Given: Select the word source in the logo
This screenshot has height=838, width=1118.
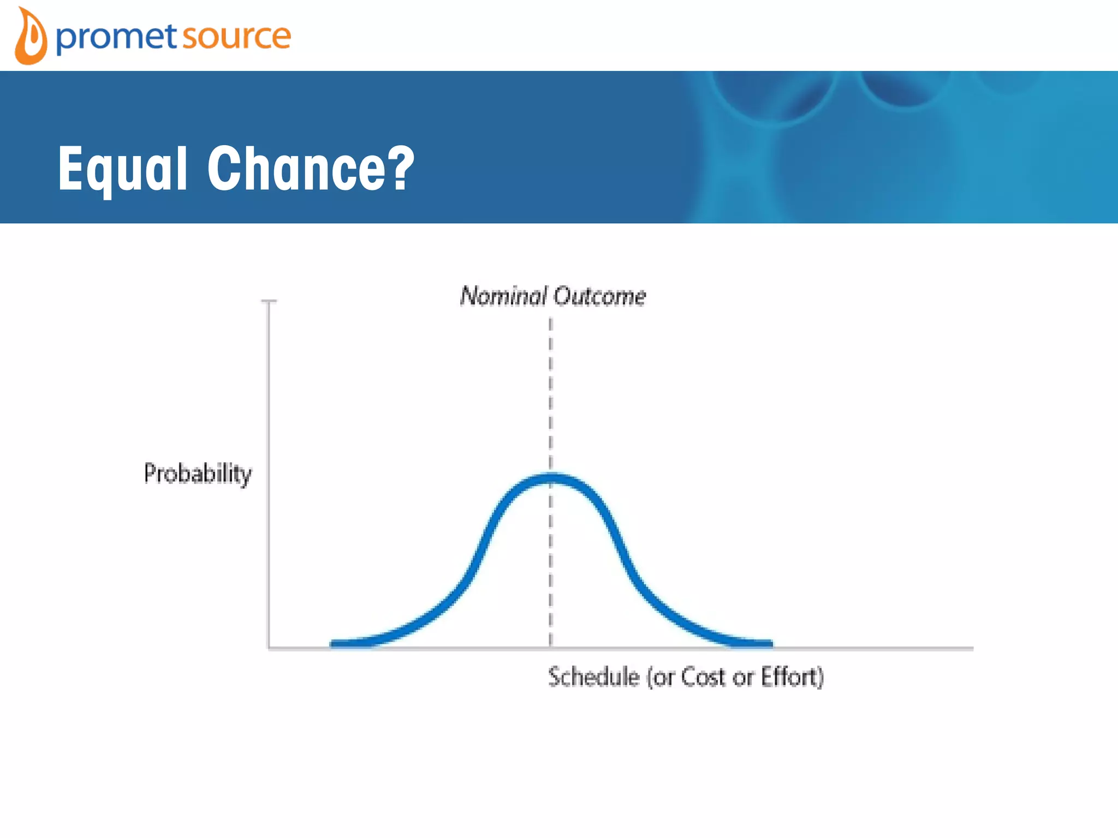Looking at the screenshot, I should (x=236, y=37).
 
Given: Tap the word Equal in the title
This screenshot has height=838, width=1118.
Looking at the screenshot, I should (x=123, y=169).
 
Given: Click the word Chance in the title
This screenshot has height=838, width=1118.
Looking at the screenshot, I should (x=297, y=169).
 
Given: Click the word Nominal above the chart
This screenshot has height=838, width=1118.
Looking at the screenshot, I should (x=503, y=296).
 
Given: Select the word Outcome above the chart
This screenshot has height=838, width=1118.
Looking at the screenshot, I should (x=599, y=296).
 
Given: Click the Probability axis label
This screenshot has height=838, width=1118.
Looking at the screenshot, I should (x=198, y=474).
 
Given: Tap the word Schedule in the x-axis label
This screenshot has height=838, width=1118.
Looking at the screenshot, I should (x=593, y=677).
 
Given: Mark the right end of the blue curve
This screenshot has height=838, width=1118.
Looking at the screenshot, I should (x=770, y=644).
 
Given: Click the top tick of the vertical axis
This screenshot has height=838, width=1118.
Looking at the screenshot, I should (x=269, y=301).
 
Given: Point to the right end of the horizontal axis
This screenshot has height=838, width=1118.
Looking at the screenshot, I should (x=972, y=649).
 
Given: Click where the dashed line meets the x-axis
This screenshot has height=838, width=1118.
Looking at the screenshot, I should (x=550, y=648).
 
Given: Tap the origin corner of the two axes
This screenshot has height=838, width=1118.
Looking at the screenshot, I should (x=269, y=648).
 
